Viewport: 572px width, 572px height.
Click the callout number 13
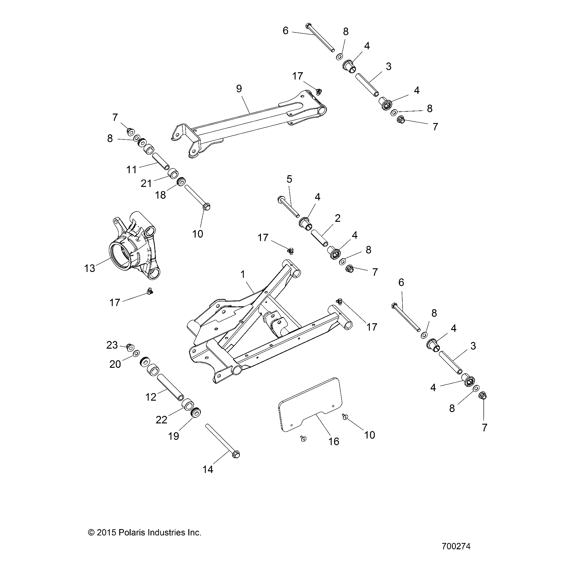90,268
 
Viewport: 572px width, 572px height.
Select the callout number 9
239,89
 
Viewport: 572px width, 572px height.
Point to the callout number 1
243,274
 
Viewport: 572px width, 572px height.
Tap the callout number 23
112,345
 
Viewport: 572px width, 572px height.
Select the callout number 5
289,179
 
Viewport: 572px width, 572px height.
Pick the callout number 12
151,397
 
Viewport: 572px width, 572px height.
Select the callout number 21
146,183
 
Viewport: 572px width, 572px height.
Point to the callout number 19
174,436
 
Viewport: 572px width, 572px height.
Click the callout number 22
161,420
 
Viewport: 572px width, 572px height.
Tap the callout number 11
132,170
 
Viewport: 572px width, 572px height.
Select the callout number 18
160,195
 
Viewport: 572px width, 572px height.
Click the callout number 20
115,364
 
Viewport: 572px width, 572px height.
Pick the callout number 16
334,441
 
